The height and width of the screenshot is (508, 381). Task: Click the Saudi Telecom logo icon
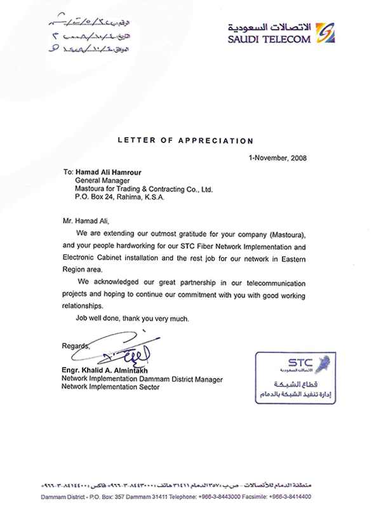(x=325, y=32)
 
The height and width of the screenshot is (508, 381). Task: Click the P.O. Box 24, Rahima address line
(x=119, y=198)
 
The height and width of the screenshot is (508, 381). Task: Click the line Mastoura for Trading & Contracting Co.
(x=140, y=189)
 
